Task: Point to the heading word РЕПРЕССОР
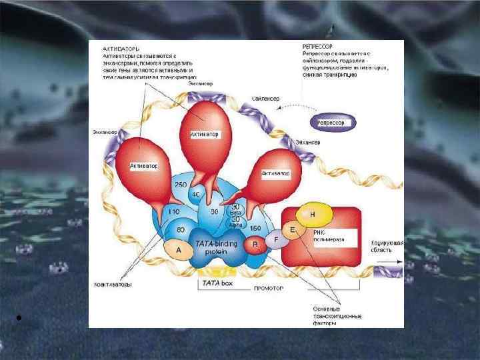(x=318, y=45)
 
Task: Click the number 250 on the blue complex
(x=181, y=183)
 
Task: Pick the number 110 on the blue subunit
(x=175, y=211)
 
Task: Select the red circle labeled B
(x=255, y=245)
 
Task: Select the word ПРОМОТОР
(x=269, y=289)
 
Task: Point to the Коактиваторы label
(x=113, y=284)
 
